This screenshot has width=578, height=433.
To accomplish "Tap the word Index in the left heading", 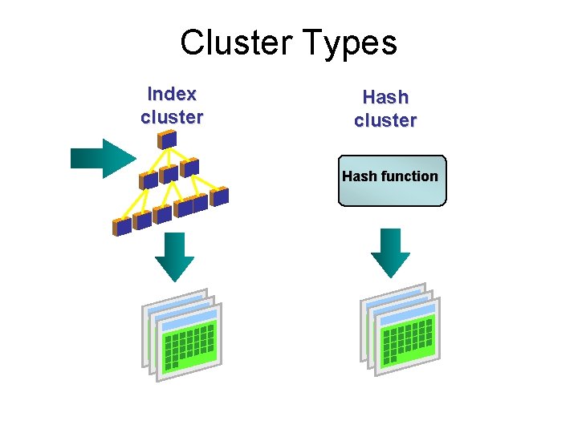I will point(172,94).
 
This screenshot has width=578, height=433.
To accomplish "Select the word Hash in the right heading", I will point(385,98).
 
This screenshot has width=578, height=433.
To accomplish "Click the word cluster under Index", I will point(172,117).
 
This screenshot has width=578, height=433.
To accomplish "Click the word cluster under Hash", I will point(385,121).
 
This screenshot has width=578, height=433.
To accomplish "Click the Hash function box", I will point(391,180).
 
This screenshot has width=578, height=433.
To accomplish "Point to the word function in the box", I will point(409,176).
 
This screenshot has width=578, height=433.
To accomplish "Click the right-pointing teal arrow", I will point(103,158).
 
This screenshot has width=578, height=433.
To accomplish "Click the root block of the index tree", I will point(167,140).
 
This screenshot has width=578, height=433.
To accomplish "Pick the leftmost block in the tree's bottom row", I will point(122,226).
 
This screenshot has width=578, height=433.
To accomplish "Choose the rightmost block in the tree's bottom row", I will point(220,196).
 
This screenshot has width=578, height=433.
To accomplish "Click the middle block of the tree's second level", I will point(169,174).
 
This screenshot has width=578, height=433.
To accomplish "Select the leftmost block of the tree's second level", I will point(148,180).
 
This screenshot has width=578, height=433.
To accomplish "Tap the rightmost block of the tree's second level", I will point(189,168).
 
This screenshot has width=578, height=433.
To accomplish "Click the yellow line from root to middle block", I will point(167,158).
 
